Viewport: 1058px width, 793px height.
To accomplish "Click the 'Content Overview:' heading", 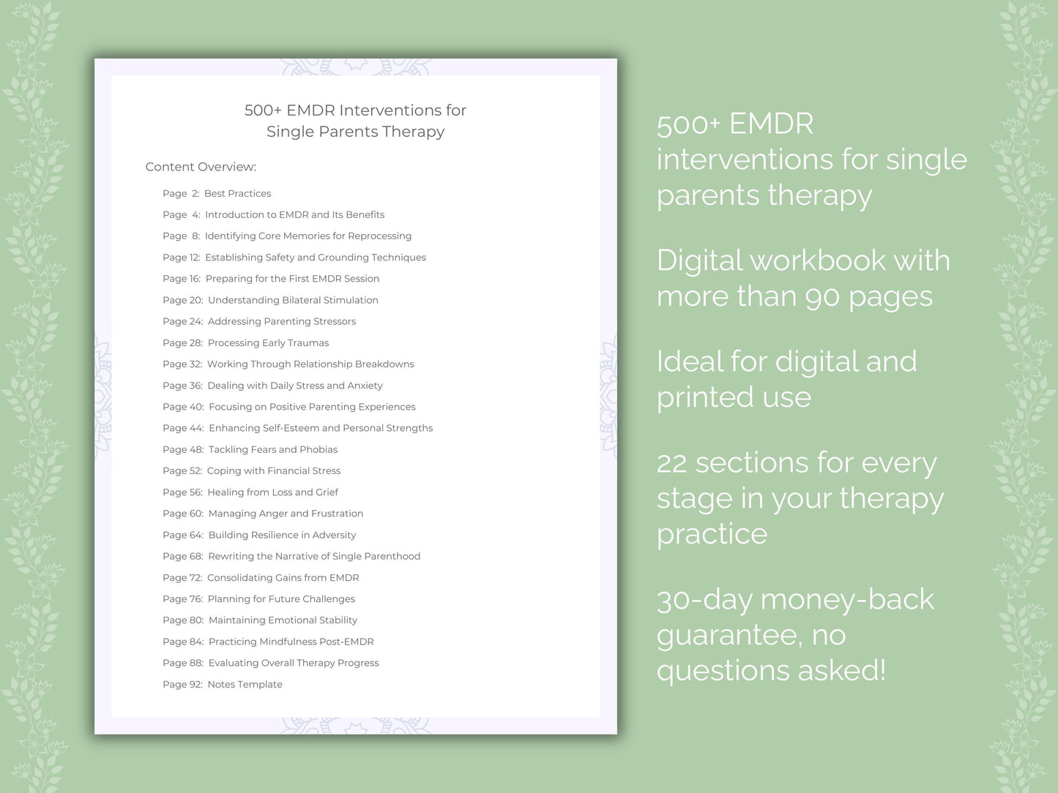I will tap(201, 167).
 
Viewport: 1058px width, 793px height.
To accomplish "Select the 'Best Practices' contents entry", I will tap(237, 193).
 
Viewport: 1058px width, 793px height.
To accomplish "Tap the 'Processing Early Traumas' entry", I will tap(268, 342).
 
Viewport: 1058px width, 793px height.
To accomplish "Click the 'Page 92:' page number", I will tap(182, 684).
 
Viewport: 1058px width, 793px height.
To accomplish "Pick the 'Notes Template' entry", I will tap(245, 684).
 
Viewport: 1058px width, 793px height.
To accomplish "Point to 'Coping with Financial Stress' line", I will tap(273, 470).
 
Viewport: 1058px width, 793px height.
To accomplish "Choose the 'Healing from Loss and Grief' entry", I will tap(272, 492).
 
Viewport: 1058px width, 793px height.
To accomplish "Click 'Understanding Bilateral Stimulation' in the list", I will tap(293, 300).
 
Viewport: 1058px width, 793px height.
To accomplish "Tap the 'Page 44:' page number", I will tap(183, 428).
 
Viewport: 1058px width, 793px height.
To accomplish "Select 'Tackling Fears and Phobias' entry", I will tap(272, 449).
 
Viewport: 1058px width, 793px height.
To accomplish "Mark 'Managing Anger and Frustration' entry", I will tap(286, 514).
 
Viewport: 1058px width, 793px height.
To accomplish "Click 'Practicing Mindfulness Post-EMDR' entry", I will tap(291, 642).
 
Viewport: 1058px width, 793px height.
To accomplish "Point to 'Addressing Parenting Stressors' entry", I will tap(281, 321).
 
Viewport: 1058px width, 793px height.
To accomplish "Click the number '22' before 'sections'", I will tap(671, 463).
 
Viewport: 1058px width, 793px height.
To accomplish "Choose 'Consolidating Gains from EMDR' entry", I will tap(283, 577).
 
